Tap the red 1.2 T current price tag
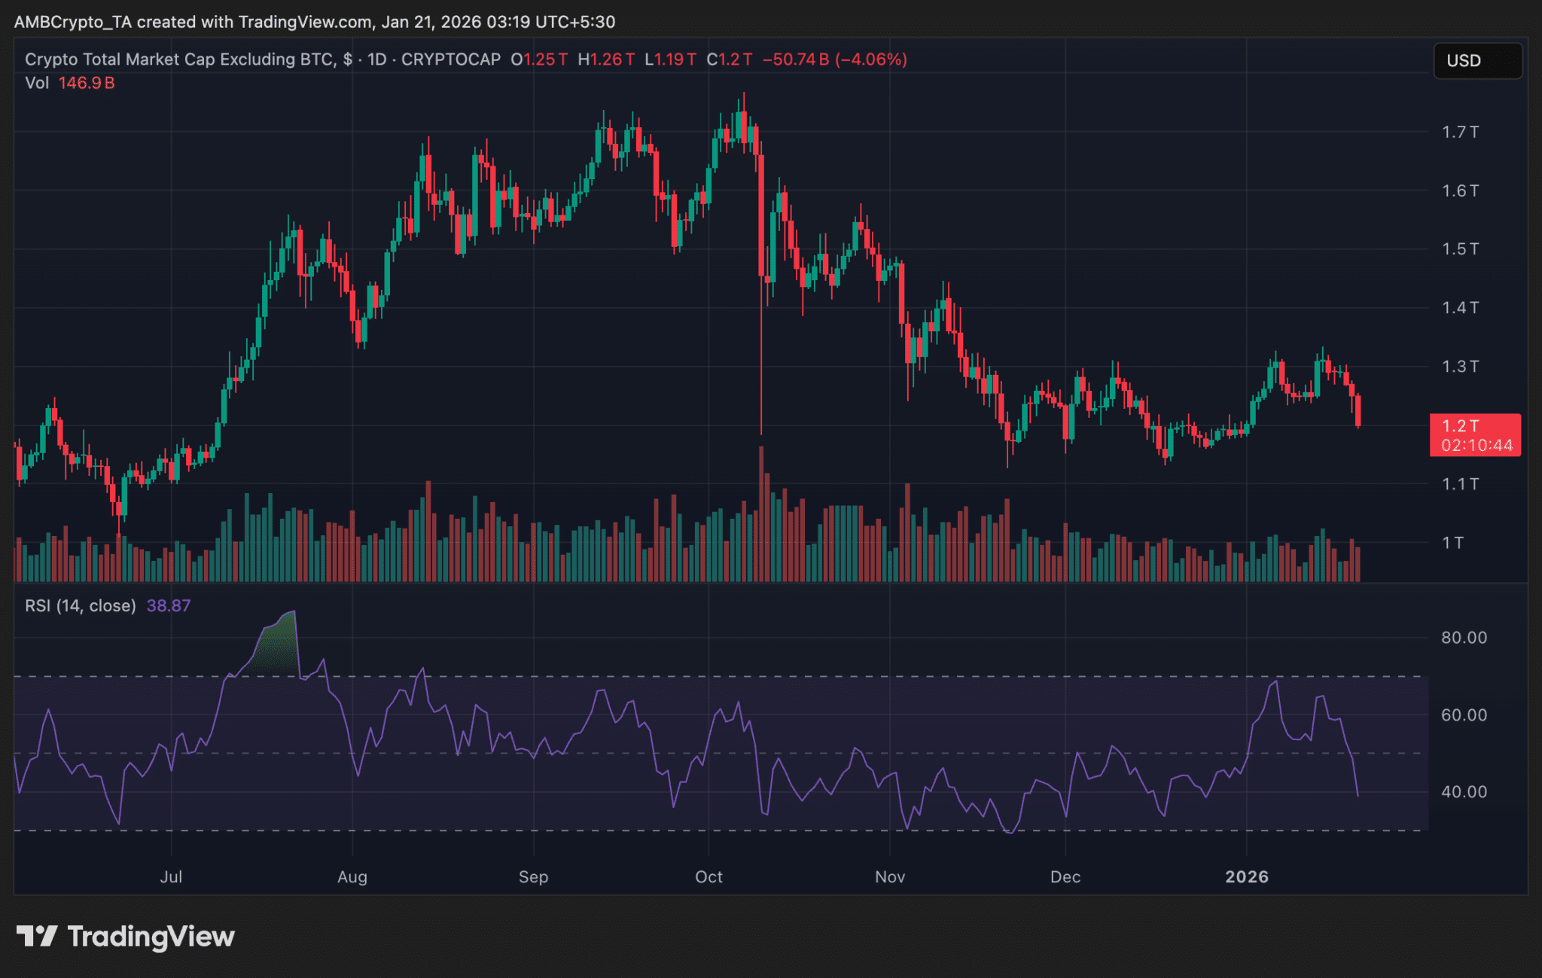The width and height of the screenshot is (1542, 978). pos(1475,435)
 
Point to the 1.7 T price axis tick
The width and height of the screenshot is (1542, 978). pos(1460,133)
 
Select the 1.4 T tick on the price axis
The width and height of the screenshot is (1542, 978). pos(1460,307)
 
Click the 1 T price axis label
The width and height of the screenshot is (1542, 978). pos(1452,543)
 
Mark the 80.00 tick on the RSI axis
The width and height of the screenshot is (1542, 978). pos(1464,638)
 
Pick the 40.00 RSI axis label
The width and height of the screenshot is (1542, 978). pos(1464,792)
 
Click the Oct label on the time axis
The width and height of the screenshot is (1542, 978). pos(709,877)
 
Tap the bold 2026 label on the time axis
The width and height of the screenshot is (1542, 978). pos(1247,877)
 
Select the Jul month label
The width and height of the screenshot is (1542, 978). pos(171,877)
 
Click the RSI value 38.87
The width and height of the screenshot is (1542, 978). pos(169,606)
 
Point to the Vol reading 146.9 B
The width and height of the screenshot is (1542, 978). pos(87,83)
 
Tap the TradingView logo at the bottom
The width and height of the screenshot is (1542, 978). pos(125,937)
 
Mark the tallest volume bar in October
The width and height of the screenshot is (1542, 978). pos(761,512)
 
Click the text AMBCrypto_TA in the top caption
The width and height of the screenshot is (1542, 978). pos(72,22)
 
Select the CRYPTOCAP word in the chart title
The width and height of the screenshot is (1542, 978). pos(451,59)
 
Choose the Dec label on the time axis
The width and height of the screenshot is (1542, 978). pos(1065,877)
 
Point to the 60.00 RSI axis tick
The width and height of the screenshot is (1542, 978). pos(1464,715)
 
